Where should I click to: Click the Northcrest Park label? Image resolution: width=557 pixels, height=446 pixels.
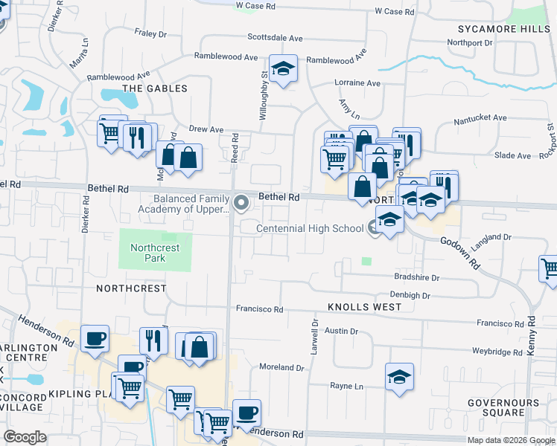(x=147, y=253)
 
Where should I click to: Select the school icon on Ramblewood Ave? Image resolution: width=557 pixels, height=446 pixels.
(x=283, y=70)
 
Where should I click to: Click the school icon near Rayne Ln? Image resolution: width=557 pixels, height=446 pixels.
(x=399, y=377)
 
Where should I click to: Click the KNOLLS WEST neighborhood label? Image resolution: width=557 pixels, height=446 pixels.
(x=359, y=306)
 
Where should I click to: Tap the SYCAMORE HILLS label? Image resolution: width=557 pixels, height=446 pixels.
(x=503, y=28)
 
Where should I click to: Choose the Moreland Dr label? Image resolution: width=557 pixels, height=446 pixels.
(x=281, y=367)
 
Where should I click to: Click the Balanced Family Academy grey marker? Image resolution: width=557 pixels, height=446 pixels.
(x=241, y=202)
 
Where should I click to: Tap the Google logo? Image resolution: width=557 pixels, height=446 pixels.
(x=25, y=437)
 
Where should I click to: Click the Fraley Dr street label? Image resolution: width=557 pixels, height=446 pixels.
(x=152, y=33)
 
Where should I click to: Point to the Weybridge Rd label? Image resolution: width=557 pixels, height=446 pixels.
(x=497, y=351)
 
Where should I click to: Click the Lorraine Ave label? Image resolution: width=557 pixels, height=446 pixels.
(x=359, y=83)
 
